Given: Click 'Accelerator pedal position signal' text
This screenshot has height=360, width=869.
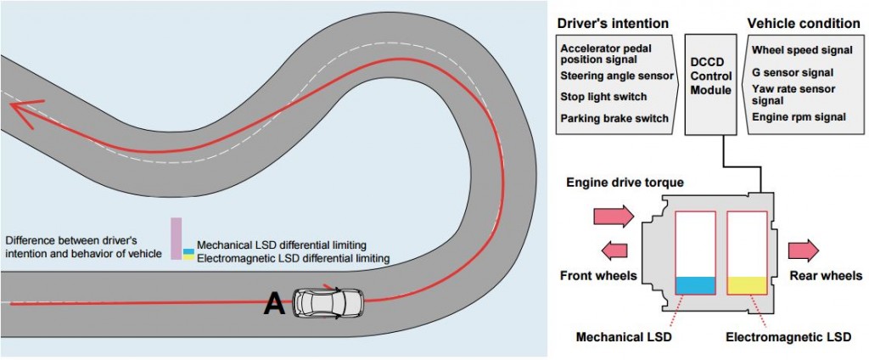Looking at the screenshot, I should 608,54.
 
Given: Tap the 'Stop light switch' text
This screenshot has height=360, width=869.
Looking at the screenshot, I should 603,97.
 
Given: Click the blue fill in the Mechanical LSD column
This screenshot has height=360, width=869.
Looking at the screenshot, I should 696,285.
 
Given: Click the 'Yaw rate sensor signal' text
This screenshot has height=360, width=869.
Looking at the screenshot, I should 794,93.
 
